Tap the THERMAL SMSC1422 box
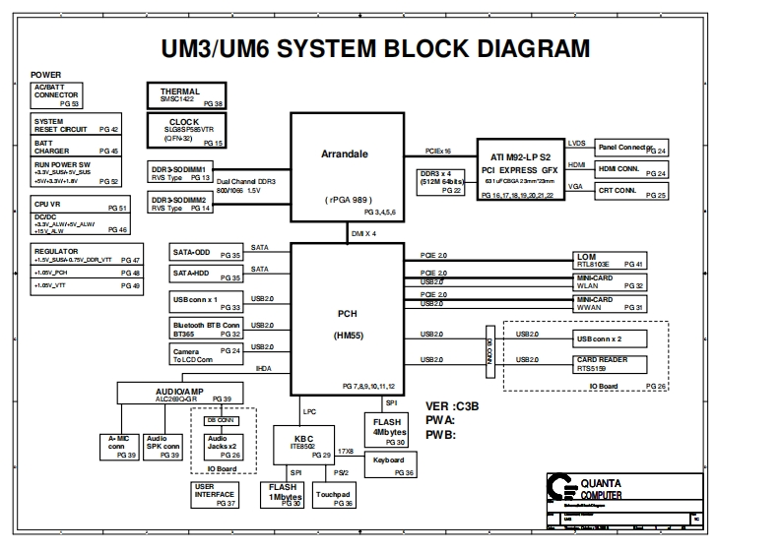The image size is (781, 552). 186,95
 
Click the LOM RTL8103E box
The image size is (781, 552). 610,260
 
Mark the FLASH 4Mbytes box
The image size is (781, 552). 390,426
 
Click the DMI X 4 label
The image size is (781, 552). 363,233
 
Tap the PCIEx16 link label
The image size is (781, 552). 438,152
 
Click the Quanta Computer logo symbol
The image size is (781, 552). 562,490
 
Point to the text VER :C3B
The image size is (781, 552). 451,405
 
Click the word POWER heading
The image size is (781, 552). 45,75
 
